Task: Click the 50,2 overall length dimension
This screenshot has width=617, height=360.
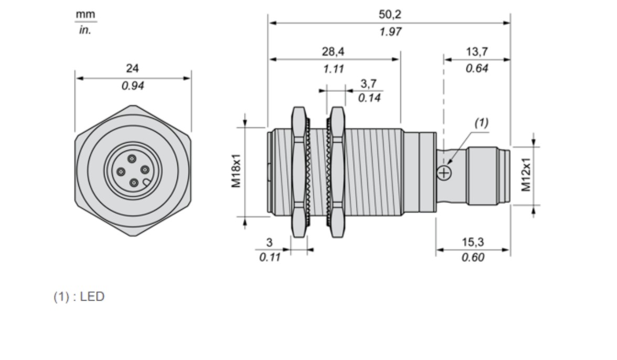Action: [389, 15]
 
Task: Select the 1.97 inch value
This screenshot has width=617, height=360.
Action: [390, 31]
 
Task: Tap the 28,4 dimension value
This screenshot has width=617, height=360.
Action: [333, 51]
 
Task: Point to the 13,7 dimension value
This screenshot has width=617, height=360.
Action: [477, 51]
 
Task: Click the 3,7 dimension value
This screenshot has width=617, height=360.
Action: [369, 83]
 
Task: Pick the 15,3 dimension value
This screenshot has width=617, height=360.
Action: [473, 242]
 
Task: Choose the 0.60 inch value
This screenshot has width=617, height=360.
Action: [473, 257]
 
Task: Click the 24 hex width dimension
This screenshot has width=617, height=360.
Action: [132, 68]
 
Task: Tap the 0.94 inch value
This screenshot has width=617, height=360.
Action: [133, 86]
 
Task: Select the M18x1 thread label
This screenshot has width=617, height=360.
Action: [236, 171]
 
